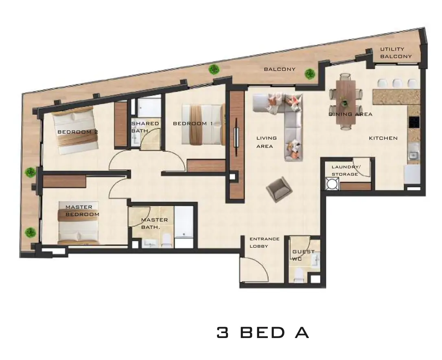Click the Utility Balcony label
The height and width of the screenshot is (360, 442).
click(x=396, y=53)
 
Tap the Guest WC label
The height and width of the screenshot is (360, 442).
click(x=303, y=255)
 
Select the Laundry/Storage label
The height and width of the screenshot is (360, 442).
click(x=346, y=170)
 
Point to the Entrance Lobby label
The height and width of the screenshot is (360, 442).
click(x=265, y=242)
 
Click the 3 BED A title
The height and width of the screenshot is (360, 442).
click(x=263, y=332)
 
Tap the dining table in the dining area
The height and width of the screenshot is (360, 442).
click(x=346, y=102)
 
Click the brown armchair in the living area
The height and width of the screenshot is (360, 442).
click(x=279, y=189)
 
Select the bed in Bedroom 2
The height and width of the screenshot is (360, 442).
click(x=76, y=131)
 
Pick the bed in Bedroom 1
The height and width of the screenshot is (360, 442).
click(x=203, y=125)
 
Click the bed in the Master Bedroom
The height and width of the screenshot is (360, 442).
click(x=79, y=223)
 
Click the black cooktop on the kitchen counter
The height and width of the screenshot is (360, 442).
click(x=414, y=122)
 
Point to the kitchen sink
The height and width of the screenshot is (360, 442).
click(x=414, y=155)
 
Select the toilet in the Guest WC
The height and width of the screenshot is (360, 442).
click(x=298, y=275)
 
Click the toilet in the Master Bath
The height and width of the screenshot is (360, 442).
click(x=166, y=241)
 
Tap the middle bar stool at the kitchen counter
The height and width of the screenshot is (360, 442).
click(x=397, y=83)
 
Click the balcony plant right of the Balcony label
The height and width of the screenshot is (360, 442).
click(x=310, y=74)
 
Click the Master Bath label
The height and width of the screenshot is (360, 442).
click(x=154, y=224)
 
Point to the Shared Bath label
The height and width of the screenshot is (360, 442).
click(x=145, y=127)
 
